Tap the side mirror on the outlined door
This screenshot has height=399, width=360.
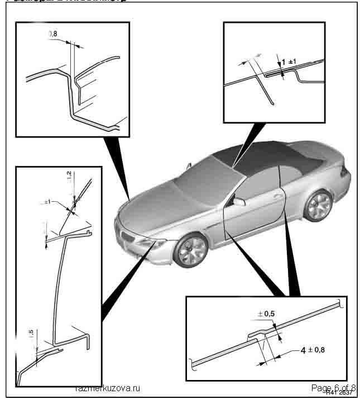tap(239, 201)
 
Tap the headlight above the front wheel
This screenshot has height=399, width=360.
tap(153, 244)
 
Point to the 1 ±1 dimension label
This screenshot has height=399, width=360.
tap(289, 61)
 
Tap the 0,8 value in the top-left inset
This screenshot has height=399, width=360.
tap(53, 34)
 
